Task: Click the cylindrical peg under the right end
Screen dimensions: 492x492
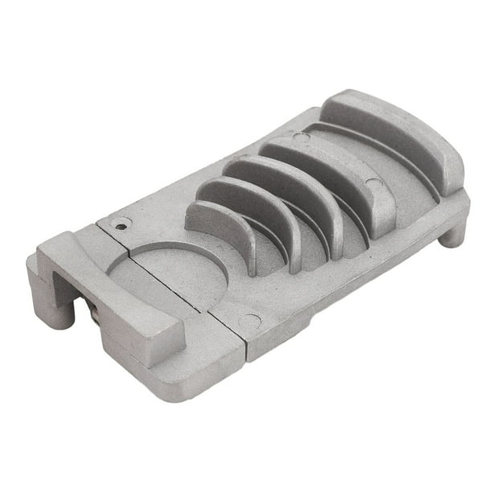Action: (x=453, y=233)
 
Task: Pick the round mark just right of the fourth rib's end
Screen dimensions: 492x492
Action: (x=375, y=184)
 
